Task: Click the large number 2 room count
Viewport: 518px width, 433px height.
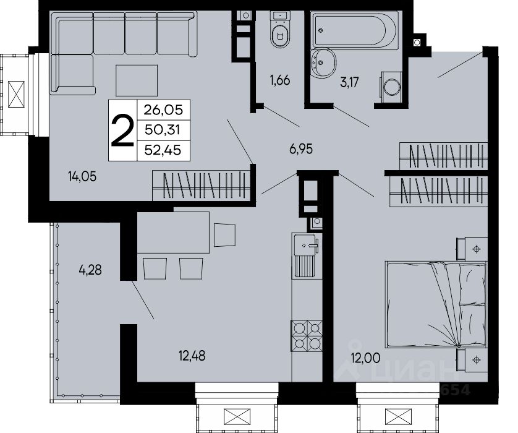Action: tap(122, 131)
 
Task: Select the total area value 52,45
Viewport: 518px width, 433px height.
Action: tap(163, 150)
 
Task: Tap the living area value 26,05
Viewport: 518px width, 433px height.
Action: tap(163, 109)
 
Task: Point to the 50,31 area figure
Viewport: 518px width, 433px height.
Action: tap(163, 131)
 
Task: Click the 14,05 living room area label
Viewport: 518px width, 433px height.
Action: tap(82, 177)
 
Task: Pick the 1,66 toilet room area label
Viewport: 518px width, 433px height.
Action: tap(280, 80)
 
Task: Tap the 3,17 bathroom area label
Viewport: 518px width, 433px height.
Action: tap(349, 82)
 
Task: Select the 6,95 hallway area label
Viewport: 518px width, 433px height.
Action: tap(301, 149)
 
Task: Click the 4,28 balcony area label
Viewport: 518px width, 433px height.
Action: tap(90, 270)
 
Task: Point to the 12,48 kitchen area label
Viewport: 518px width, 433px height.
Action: tap(192, 356)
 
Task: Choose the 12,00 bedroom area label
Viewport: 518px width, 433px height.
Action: tap(366, 358)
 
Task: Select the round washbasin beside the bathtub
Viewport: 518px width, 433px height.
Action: tap(323, 63)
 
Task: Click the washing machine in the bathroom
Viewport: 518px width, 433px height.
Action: tap(391, 85)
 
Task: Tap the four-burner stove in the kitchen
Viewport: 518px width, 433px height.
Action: tap(307, 336)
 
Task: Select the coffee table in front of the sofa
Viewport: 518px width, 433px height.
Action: tap(137, 80)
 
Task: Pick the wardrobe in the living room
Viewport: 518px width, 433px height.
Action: tap(202, 186)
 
